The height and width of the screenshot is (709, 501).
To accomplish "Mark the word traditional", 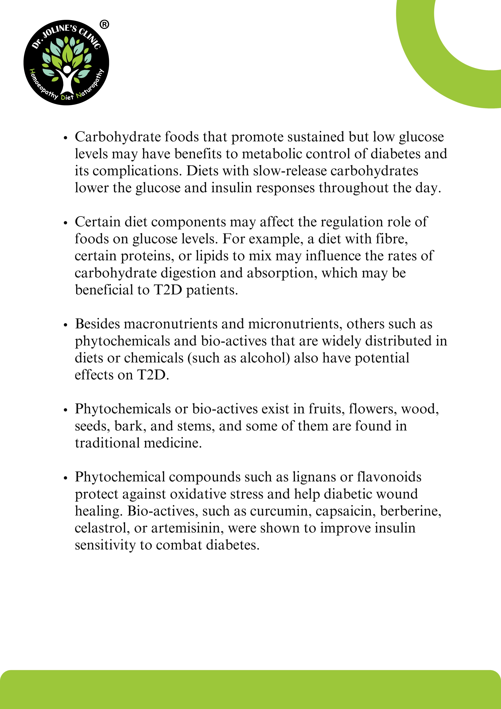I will [107, 443].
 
